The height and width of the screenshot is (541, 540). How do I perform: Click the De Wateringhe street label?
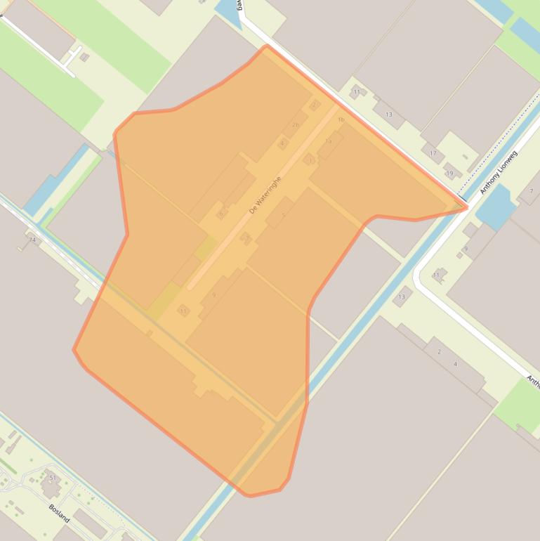click(x=265, y=195)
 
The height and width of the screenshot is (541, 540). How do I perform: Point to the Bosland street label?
click(x=60, y=512)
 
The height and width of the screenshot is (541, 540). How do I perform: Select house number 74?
click(x=32, y=240)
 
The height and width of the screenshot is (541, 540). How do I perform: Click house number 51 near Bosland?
click(x=52, y=478)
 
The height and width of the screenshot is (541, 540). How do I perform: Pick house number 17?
click(x=433, y=153)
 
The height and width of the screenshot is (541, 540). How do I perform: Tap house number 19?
click(x=449, y=174)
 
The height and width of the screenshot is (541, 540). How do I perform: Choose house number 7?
click(x=531, y=191)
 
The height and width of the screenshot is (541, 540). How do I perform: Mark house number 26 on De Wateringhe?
click(x=295, y=125)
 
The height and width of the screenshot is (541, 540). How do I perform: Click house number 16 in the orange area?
click(x=341, y=120)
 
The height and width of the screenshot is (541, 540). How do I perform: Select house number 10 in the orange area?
click(x=328, y=141)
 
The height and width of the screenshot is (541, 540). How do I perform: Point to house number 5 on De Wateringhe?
click(x=283, y=216)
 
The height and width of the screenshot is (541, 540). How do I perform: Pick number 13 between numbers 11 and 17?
click(x=388, y=115)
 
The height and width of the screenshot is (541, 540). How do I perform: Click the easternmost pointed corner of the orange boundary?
click(x=467, y=207)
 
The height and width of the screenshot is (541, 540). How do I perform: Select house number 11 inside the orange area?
click(x=183, y=311)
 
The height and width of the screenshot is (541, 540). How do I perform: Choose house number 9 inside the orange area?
click(x=213, y=295)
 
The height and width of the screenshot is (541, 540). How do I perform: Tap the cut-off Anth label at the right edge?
click(x=533, y=382)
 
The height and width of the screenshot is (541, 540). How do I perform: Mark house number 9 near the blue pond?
click(x=465, y=249)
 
